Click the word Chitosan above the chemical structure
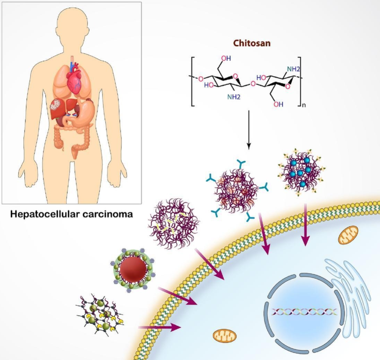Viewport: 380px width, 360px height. click(252, 43)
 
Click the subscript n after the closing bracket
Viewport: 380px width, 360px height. click(304, 105)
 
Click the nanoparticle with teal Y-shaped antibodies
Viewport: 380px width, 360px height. click(236, 191)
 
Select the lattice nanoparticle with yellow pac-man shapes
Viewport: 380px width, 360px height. click(100, 314)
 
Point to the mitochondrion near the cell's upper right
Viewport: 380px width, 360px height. click(348, 235)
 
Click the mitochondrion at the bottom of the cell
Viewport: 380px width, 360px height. click(225, 335)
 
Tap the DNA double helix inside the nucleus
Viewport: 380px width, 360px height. click(304, 312)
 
